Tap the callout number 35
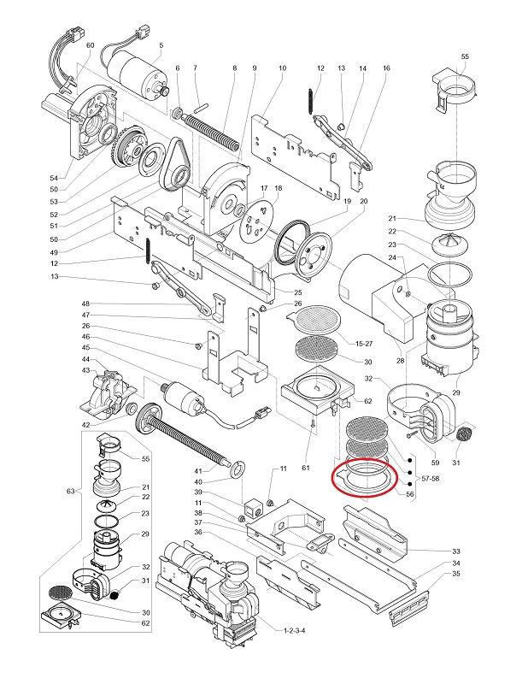456,575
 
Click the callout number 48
85,304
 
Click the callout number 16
386,68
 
